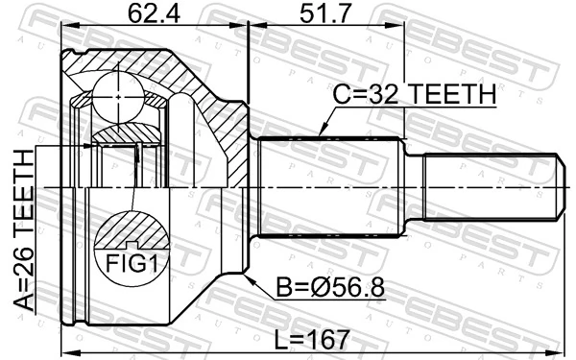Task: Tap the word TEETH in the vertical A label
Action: (x=22, y=193)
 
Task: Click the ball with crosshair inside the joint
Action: (x=116, y=96)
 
